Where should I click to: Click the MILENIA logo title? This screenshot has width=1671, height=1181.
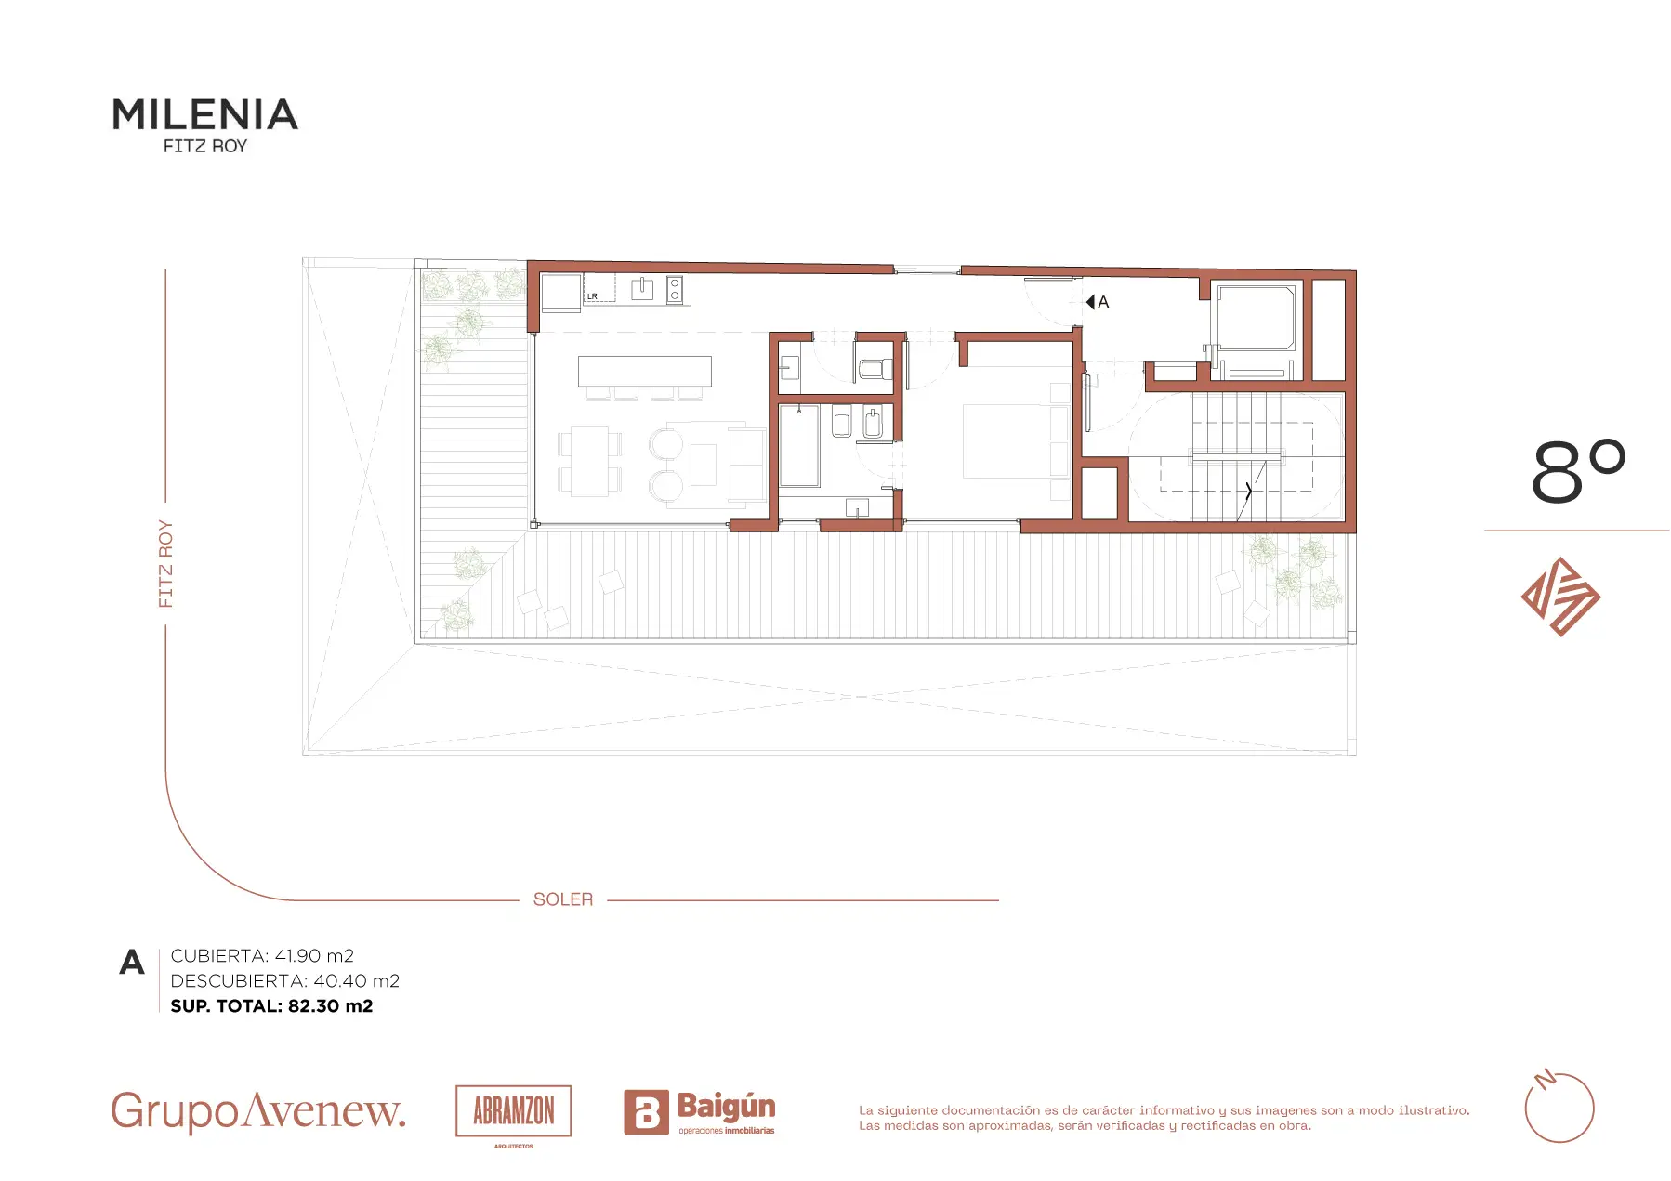coord(205,114)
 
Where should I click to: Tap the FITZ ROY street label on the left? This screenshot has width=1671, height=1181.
coord(165,564)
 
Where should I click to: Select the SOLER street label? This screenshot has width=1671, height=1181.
coord(563,899)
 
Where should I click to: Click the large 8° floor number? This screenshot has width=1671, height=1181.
coord(1578,471)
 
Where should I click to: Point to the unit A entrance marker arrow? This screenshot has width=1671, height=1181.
coord(1090,302)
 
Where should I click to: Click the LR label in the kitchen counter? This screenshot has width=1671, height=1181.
coord(592,296)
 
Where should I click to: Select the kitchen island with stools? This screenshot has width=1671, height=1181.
coord(644,376)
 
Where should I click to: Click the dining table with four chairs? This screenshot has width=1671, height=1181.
coord(590,461)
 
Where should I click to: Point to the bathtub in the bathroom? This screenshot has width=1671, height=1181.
coord(799,446)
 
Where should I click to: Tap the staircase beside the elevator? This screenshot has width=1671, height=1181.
coord(1237,456)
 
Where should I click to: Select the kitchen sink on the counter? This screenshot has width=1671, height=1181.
coord(642,290)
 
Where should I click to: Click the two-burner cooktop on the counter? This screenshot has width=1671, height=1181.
coord(675,290)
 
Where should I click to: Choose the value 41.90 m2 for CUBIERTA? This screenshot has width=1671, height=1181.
coord(315,956)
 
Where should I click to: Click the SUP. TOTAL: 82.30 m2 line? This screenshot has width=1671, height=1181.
coord(271,1006)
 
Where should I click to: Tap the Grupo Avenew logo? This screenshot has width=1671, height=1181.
coord(258,1111)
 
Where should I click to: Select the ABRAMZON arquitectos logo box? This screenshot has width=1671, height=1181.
coord(513,1111)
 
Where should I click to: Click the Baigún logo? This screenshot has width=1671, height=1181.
coord(700,1112)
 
